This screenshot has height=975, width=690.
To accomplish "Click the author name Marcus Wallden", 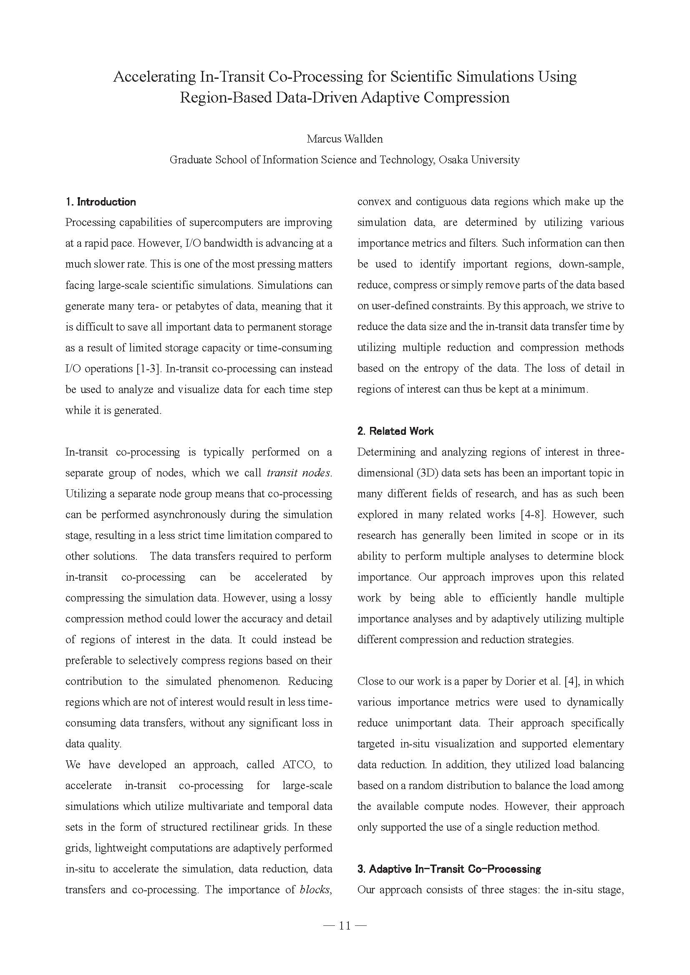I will [345, 139].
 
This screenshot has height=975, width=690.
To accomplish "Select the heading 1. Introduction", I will [101, 202].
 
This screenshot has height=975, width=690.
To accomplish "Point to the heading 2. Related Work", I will [395, 431].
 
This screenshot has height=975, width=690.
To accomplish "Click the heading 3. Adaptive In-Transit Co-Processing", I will [449, 869].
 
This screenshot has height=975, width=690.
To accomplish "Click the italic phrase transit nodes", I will [299, 473].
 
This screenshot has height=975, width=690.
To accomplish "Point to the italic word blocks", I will [315, 890].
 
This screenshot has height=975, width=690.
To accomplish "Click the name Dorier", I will [519, 681].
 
